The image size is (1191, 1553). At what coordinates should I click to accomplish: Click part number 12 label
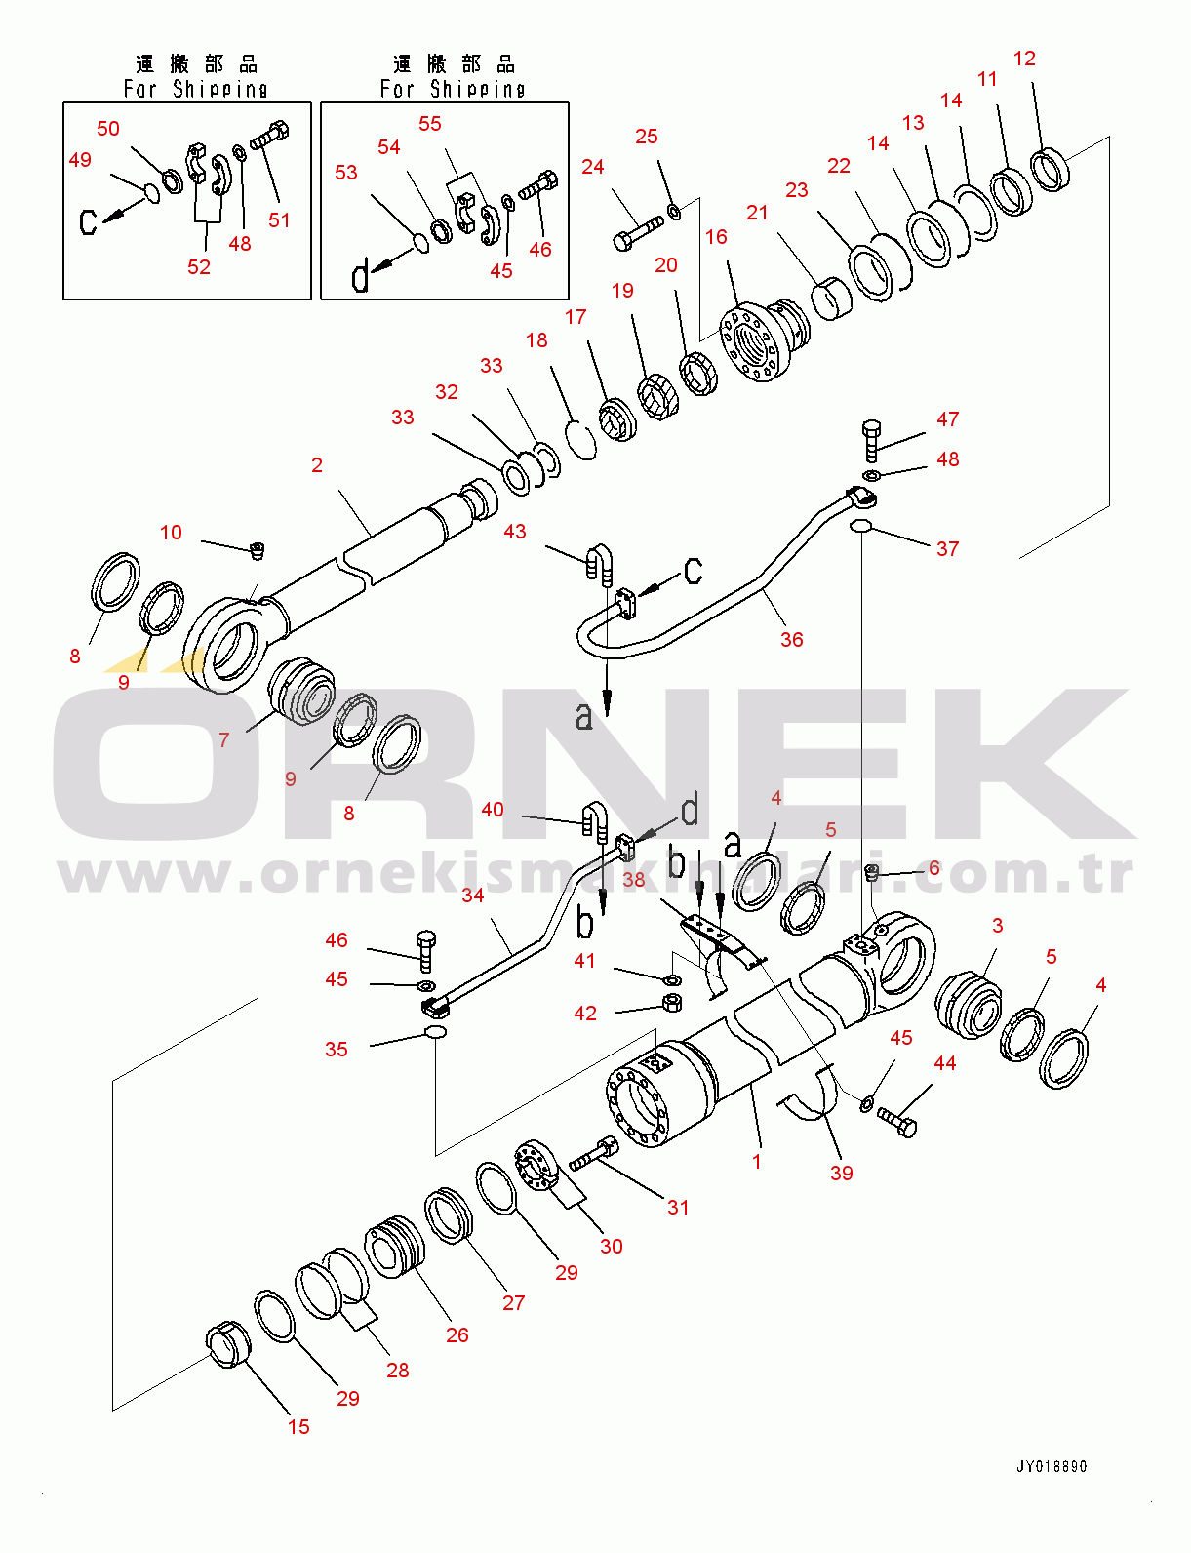coord(1023,59)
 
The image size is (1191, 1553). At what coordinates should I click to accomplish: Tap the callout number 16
coord(716,237)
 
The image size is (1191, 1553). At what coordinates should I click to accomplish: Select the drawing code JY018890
coord(1051,1466)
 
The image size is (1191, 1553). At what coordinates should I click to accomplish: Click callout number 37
coord(947,549)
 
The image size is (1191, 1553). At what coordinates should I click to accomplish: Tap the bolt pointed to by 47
coord(871,440)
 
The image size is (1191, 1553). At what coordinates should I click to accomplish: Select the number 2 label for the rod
coord(316,465)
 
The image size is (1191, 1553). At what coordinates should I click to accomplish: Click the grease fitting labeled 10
coord(258,550)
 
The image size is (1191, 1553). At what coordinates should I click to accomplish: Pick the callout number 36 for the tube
coord(791,640)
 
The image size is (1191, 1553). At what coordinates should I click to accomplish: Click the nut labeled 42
coord(671,1003)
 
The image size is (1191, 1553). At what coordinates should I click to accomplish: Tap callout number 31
coord(678,1208)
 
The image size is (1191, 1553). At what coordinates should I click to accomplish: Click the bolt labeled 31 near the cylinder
coord(593,1155)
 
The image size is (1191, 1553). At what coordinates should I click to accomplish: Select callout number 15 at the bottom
coord(298,1427)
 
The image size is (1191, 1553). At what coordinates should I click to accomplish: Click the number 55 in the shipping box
coord(429,124)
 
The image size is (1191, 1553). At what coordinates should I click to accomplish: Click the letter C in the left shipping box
coord(88,222)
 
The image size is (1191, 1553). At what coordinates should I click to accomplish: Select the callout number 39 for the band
coord(841,1174)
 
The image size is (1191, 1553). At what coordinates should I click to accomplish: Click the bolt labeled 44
coord(897,1122)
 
